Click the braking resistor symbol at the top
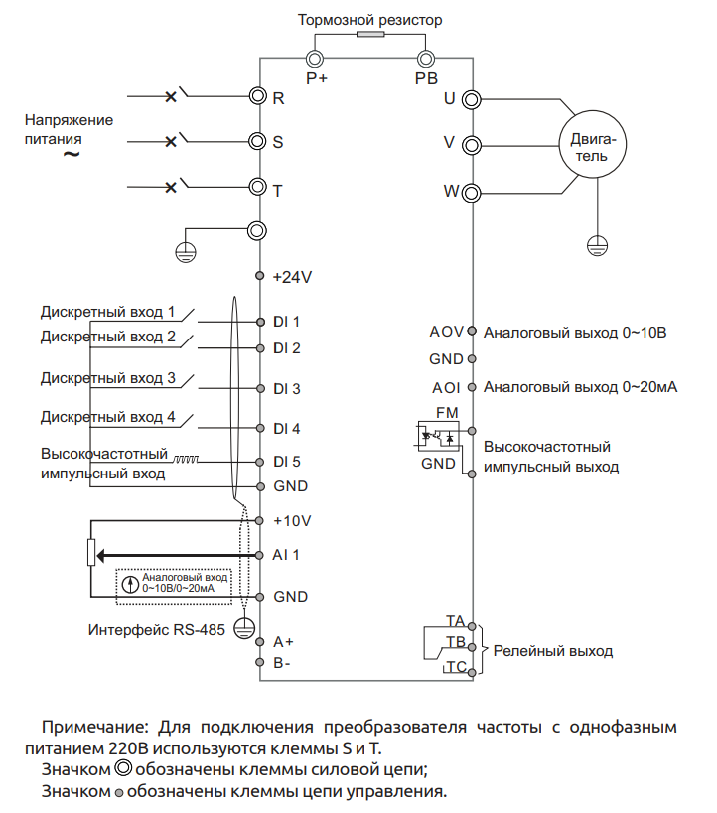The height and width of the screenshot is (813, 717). [x=370, y=34]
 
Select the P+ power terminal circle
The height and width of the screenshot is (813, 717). [x=315, y=59]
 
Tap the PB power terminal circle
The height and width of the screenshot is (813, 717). [x=426, y=59]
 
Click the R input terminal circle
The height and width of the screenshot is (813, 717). [x=258, y=96]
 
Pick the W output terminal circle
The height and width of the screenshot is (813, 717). [x=471, y=194]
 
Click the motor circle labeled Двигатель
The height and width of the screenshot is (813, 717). [x=592, y=144]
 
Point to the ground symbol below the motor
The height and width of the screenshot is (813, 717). [x=597, y=245]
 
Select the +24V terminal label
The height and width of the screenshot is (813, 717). [x=292, y=277]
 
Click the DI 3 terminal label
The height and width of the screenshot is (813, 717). [x=287, y=389]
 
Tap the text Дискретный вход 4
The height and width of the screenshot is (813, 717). [x=108, y=417]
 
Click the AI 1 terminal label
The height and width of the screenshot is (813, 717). [x=286, y=555]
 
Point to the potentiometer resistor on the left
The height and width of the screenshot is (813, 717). [x=91, y=553]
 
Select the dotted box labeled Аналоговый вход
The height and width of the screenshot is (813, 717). [x=173, y=587]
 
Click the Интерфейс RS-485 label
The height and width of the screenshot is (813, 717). [x=157, y=630]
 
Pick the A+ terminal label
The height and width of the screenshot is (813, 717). [x=283, y=642]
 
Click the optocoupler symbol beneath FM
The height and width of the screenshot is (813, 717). [x=438, y=436]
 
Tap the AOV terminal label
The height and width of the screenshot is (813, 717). [x=446, y=332]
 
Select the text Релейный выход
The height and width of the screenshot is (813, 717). [x=553, y=651]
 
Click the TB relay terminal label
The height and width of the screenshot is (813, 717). [x=457, y=642]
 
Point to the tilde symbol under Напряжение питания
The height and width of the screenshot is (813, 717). [x=72, y=155]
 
